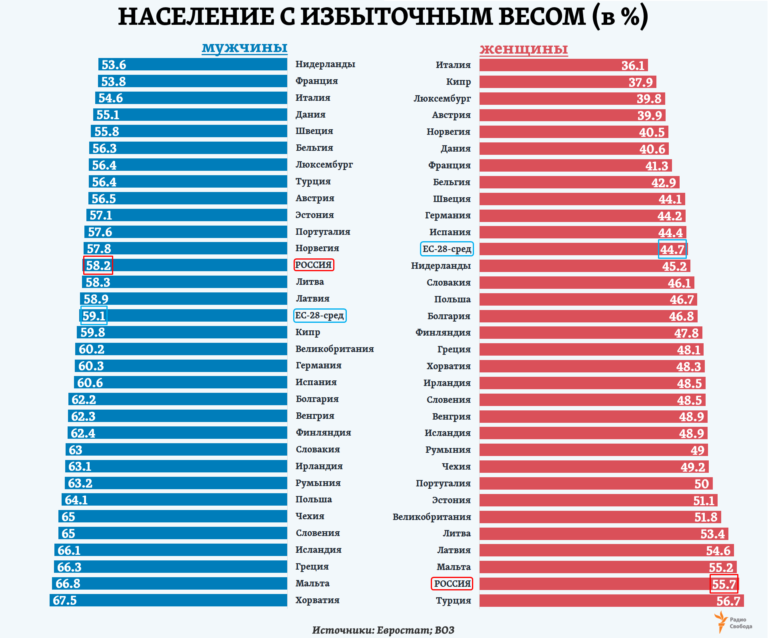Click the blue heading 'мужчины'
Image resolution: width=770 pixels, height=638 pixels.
pyautogui.click(x=244, y=47)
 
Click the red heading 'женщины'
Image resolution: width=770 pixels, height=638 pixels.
pyautogui.click(x=524, y=48)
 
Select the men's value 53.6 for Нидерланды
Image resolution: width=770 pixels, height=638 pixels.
pyautogui.click(x=114, y=65)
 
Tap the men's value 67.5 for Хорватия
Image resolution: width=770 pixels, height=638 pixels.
pyautogui.click(x=64, y=600)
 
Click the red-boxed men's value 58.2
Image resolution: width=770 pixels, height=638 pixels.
pyautogui.click(x=98, y=265)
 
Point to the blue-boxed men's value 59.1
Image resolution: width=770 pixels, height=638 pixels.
pyautogui.click(x=94, y=316)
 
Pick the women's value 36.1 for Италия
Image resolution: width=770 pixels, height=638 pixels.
pyautogui.click(x=633, y=65)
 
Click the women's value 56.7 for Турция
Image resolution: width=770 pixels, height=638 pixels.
pyautogui.click(x=728, y=601)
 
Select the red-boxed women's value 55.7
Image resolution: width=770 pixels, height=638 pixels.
pyautogui.click(x=724, y=584)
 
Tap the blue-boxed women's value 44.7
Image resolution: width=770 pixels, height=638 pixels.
pyautogui.click(x=672, y=249)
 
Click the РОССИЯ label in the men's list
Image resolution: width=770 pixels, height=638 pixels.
pyautogui.click(x=314, y=265)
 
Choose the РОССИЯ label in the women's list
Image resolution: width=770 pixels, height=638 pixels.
pyautogui.click(x=452, y=584)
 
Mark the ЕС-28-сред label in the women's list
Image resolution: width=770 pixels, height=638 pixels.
pyautogui.click(x=447, y=249)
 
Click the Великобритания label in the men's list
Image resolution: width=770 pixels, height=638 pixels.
pyautogui.click(x=334, y=349)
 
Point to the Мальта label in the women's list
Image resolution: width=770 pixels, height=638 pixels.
pyautogui.click(x=454, y=567)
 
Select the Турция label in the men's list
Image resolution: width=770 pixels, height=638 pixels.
pyautogui.click(x=313, y=181)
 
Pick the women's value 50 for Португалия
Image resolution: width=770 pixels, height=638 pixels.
pyautogui.click(x=702, y=484)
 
